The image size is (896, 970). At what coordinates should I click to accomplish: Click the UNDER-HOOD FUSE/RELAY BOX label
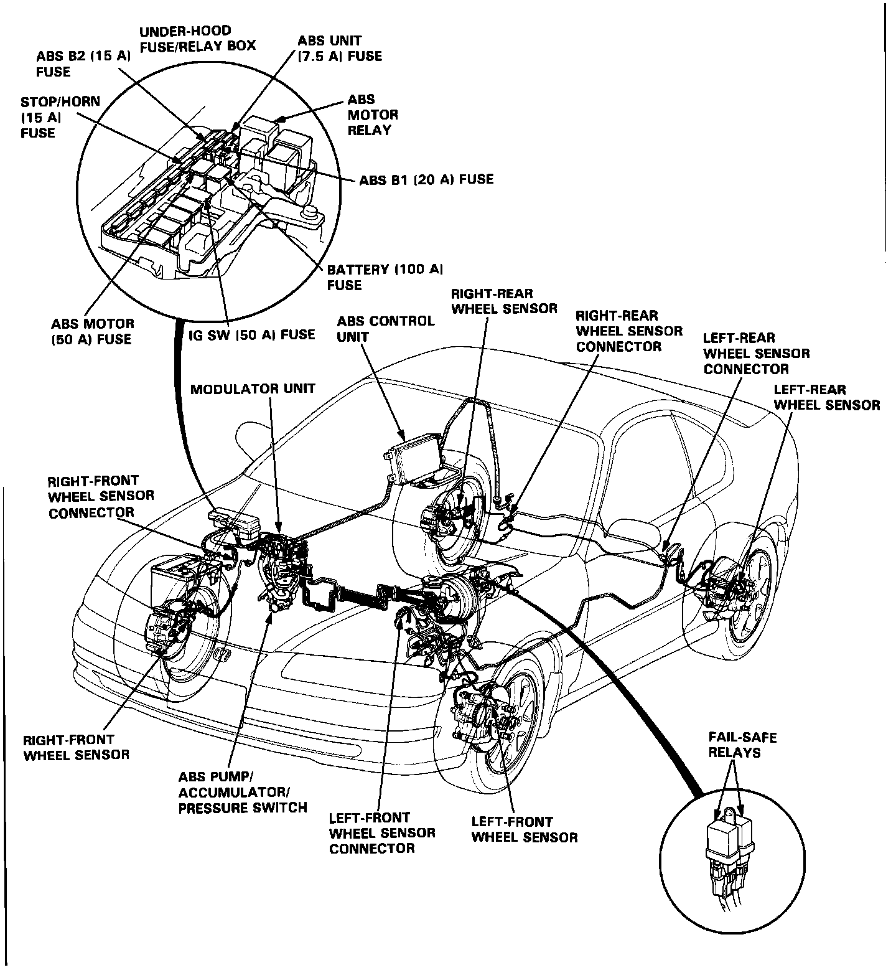click(x=197, y=39)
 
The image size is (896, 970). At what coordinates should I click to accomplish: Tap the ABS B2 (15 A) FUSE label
click(x=83, y=64)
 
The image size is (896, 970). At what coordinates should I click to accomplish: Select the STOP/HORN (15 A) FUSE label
click(x=60, y=117)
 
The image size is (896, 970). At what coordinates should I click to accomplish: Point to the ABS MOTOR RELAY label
click(x=373, y=115)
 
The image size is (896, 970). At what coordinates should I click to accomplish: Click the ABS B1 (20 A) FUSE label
click(x=426, y=179)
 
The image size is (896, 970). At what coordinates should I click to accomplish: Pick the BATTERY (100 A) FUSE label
click(x=385, y=277)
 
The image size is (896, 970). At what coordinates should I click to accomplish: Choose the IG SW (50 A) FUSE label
click(x=251, y=335)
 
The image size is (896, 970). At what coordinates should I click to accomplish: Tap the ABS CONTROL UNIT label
click(x=386, y=329)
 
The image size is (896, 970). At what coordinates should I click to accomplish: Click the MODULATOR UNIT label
click(x=253, y=389)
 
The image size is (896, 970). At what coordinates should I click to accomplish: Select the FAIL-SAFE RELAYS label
click(x=742, y=745)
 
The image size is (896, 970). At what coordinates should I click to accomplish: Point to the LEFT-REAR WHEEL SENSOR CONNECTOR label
click(x=756, y=354)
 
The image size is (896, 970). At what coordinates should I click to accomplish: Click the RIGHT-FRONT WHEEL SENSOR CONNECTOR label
click(x=101, y=497)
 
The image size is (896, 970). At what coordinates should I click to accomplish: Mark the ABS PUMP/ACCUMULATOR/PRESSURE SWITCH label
click(x=243, y=793)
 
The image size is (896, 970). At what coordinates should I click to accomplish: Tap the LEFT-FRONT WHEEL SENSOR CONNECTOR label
click(x=382, y=832)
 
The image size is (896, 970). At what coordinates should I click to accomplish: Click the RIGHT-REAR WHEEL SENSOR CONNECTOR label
click(x=629, y=331)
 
